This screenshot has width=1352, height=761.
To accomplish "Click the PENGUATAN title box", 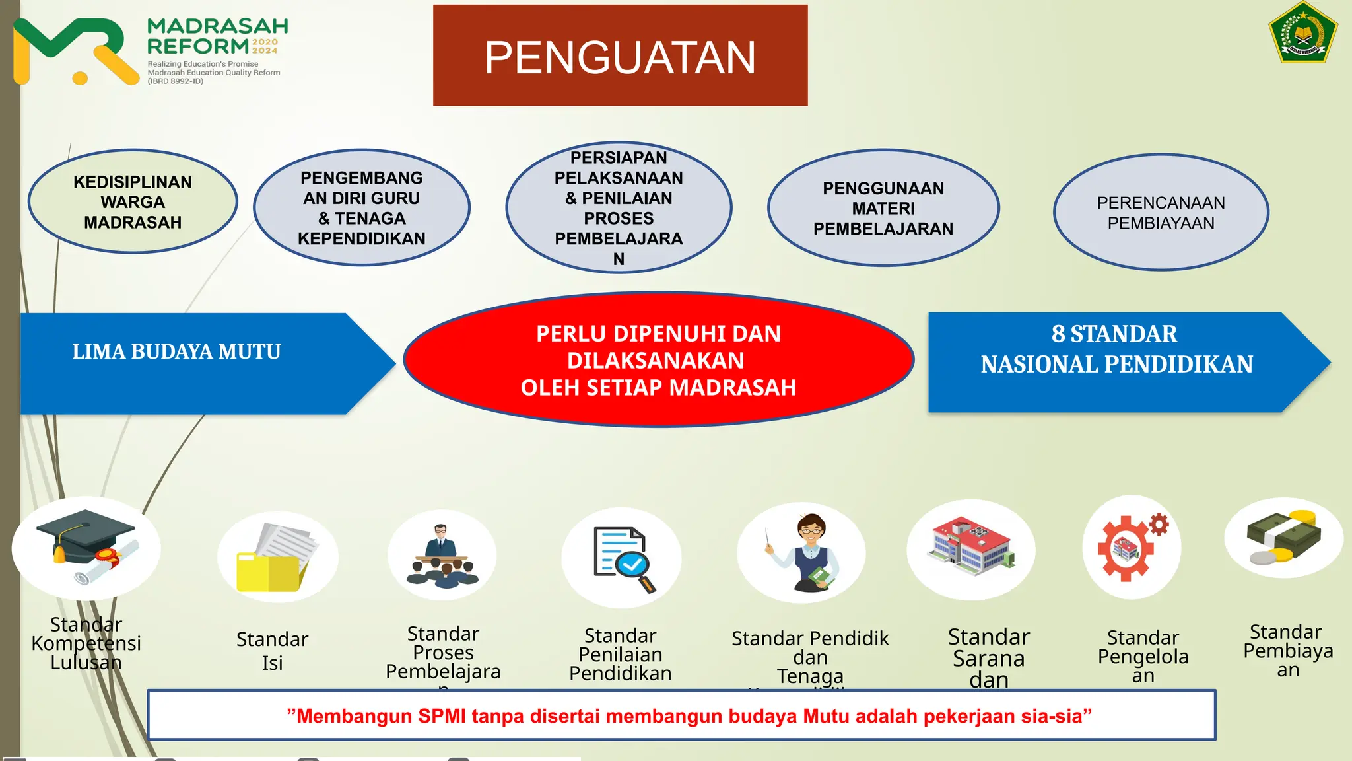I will pos(620,55).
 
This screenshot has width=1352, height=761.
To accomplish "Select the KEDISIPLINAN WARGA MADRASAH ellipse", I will pos(133,201).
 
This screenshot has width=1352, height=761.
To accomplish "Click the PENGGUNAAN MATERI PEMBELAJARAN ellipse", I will pos(883,208).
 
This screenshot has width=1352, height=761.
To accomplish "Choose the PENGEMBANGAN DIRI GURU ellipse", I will pos(362,208).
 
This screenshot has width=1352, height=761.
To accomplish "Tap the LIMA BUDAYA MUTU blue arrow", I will pos(191,363).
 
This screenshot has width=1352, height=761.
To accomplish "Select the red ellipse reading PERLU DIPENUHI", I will pos(658,360).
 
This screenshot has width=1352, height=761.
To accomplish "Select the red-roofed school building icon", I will pos(970,548).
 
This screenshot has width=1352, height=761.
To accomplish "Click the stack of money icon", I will pos(1284,538).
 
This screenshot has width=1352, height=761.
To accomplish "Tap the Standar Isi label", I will pos(272,651).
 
